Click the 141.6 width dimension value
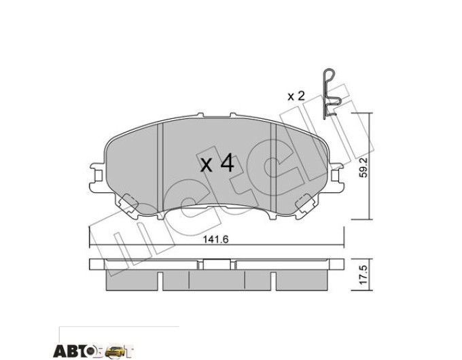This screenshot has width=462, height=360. tap(216, 240)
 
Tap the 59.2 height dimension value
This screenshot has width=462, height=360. tap(363, 166)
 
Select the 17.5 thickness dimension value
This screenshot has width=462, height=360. tap(363, 274)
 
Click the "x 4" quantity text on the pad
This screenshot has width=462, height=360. tap(217, 164)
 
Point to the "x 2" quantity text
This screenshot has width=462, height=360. tap(296, 96)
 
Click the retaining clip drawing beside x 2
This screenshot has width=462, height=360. tap(331, 94)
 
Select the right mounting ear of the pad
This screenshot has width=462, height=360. tap(336, 177)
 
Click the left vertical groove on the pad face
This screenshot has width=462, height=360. tap(160, 167)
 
